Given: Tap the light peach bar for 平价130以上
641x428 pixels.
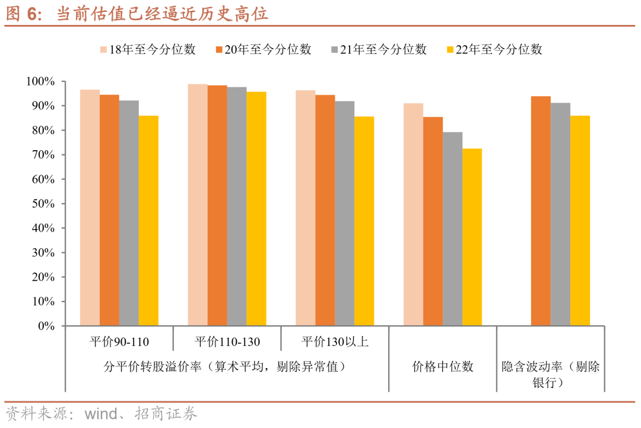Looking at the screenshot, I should click(306, 208).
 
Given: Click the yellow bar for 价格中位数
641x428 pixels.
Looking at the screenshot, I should click(472, 237).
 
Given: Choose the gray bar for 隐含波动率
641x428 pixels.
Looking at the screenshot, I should click(560, 214).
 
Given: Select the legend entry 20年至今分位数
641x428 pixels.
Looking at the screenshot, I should click(263, 50).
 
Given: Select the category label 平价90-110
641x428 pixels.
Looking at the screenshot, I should click(119, 342).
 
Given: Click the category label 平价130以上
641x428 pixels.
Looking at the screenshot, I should click(335, 342).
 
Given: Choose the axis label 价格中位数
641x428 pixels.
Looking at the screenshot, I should click(443, 367).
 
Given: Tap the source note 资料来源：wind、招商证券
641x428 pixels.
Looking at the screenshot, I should click(101, 414).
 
